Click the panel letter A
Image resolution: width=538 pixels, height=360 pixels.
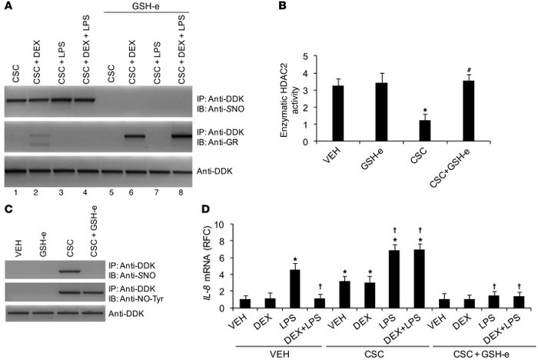7,8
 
